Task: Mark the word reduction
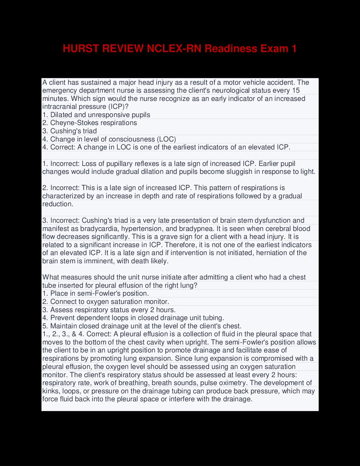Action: pos(58,204)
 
